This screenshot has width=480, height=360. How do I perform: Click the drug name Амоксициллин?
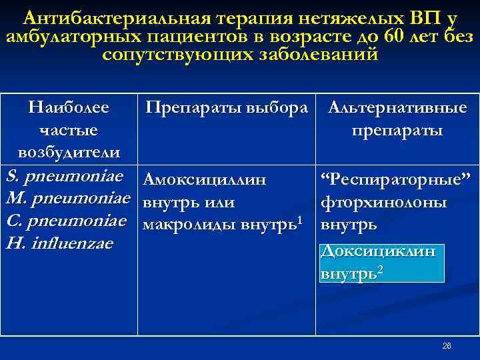(205, 179)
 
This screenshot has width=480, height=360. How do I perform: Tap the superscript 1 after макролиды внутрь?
(301, 219)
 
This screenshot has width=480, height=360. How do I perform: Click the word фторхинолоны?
(383, 202)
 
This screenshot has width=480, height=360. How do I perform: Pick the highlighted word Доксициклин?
(378, 251)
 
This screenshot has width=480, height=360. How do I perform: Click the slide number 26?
(447, 347)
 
